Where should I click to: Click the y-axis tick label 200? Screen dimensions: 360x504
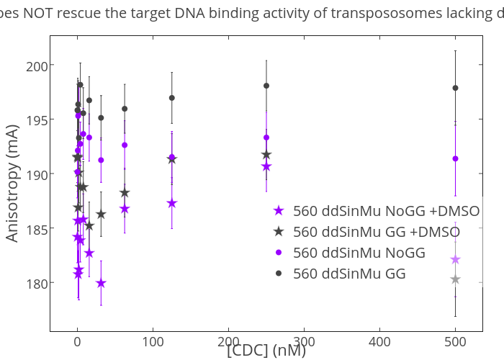click(x=35, y=66)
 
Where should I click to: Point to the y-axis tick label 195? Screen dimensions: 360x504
click(x=35, y=120)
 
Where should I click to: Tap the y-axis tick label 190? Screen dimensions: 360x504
click(x=35, y=174)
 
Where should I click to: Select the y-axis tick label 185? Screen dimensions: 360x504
click(x=35, y=228)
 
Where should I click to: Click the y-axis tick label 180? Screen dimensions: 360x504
click(x=35, y=283)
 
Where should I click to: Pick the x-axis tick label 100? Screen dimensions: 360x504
click(x=153, y=342)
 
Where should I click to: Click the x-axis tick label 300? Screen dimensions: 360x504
click(x=304, y=342)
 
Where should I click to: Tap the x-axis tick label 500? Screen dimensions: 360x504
click(x=455, y=342)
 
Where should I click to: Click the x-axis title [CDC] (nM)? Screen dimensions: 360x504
click(x=266, y=351)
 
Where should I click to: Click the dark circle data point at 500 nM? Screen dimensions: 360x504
click(x=455, y=88)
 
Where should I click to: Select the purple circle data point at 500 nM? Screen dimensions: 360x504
click(x=455, y=158)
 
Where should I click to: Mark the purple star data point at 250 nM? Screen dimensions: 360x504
click(x=266, y=166)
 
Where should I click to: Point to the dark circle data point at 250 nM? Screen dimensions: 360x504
click(x=266, y=86)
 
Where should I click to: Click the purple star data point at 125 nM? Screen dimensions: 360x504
click(x=172, y=203)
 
